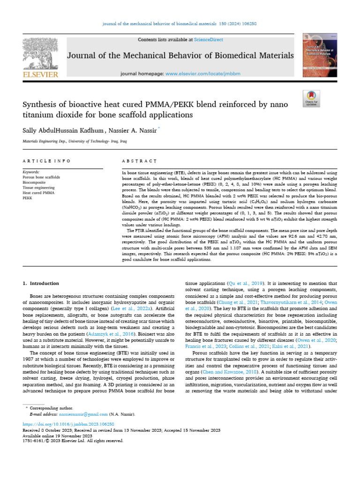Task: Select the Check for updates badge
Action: coord(311,97)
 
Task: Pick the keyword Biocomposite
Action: coord(34,183)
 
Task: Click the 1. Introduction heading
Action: coord(41,284)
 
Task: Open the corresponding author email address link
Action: coord(82,414)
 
